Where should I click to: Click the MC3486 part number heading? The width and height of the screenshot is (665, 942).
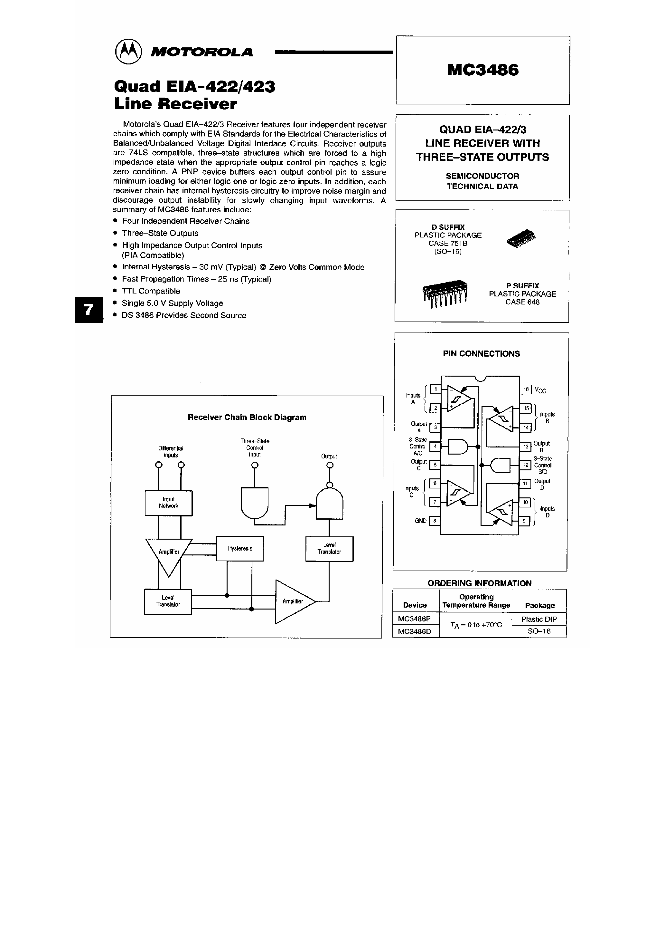pos(483,70)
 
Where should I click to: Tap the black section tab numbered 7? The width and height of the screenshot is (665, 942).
pos(89,309)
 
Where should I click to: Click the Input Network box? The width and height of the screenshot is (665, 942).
pos(169,503)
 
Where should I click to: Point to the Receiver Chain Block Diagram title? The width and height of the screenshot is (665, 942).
pos(247,417)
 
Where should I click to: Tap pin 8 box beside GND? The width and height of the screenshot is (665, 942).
pos(435,521)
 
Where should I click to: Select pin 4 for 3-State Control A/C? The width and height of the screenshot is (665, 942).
pos(435,446)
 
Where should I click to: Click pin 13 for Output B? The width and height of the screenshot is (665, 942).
pos(525,447)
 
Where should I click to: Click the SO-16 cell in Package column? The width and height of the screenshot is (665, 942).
pos(539,631)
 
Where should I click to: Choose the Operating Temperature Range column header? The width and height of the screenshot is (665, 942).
pos(476,601)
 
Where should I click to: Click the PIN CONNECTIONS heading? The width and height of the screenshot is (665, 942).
pos(481,354)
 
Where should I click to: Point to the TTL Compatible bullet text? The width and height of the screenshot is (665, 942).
pos(151,291)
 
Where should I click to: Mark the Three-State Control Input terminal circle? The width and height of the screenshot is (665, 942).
pos(255,465)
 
